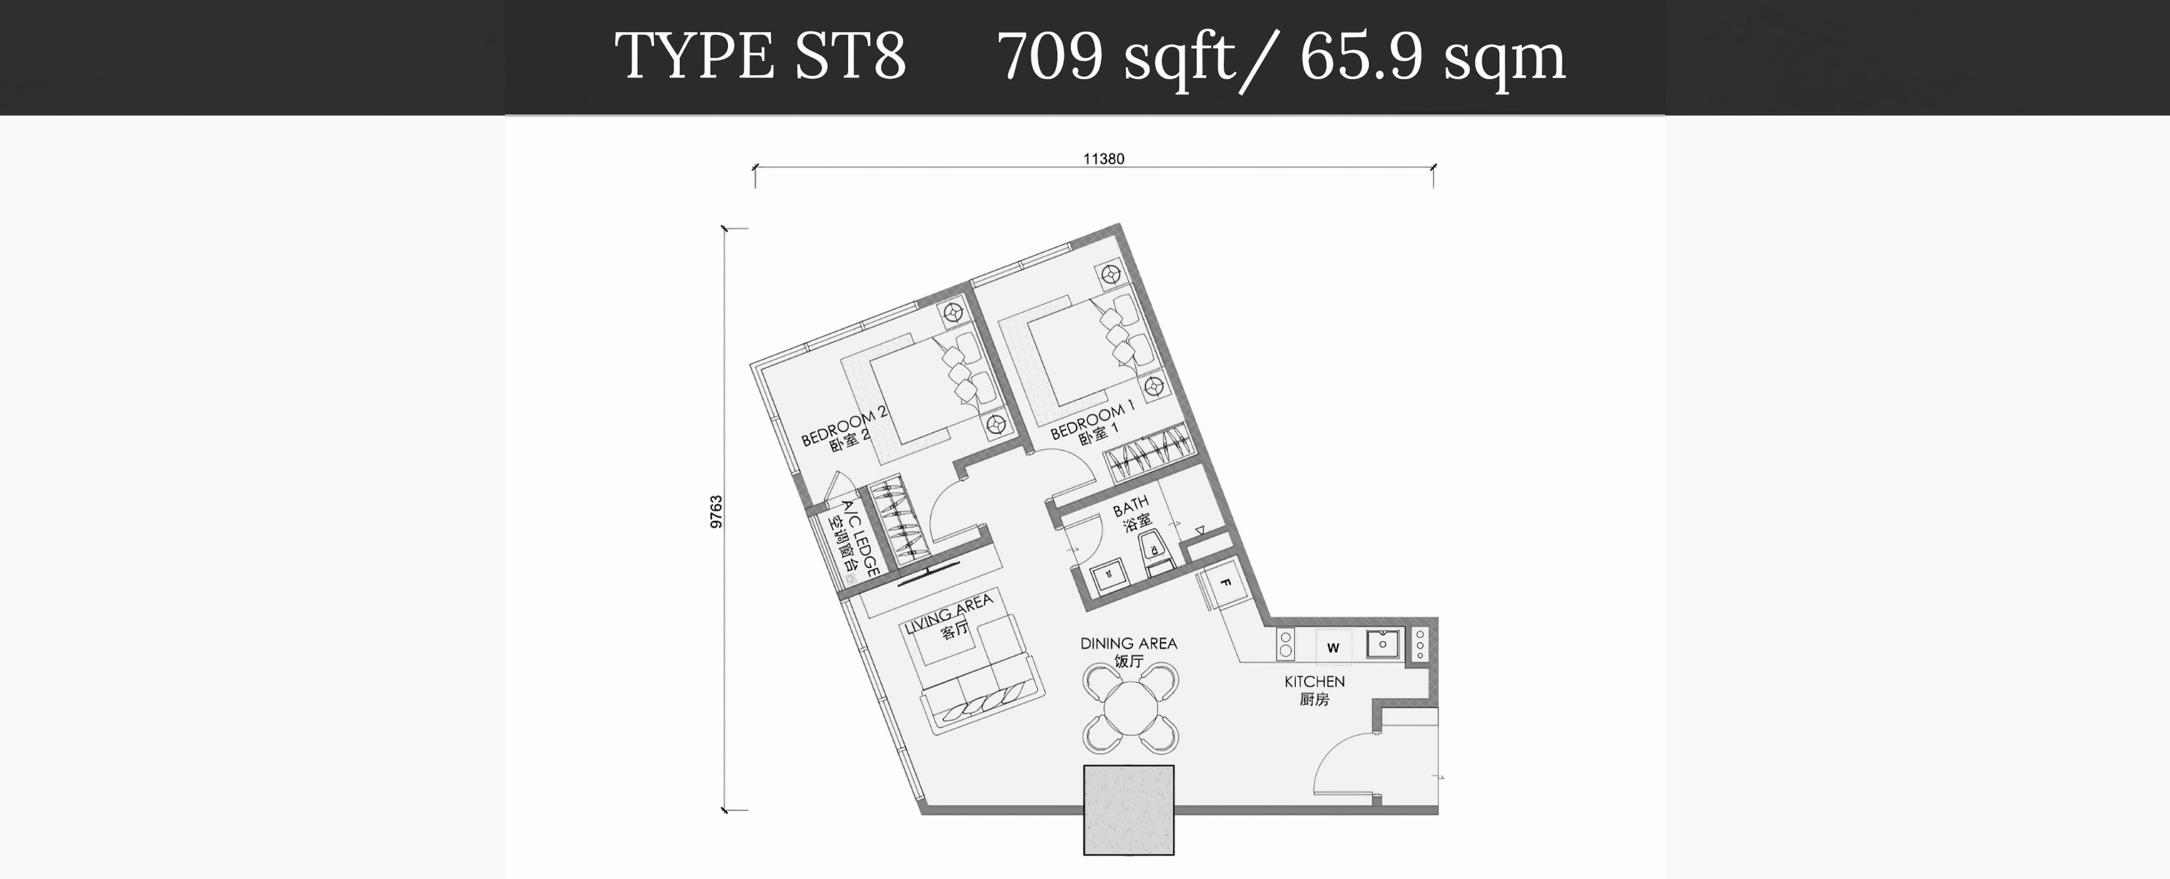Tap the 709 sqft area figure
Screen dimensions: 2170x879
[x=1116, y=57]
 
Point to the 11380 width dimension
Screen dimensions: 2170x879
[x=1104, y=158]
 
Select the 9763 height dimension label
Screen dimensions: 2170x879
[x=716, y=512]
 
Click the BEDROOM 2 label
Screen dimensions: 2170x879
[x=843, y=425]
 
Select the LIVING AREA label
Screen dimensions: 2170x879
[x=949, y=614]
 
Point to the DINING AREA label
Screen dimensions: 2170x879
[x=1129, y=643]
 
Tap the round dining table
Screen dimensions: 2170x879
[x=1130, y=708]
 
